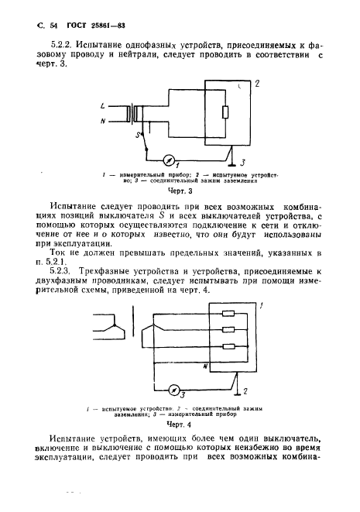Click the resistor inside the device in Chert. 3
[x=225, y=113]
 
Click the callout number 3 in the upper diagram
[x=241, y=163]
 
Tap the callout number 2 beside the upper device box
[x=256, y=82]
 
